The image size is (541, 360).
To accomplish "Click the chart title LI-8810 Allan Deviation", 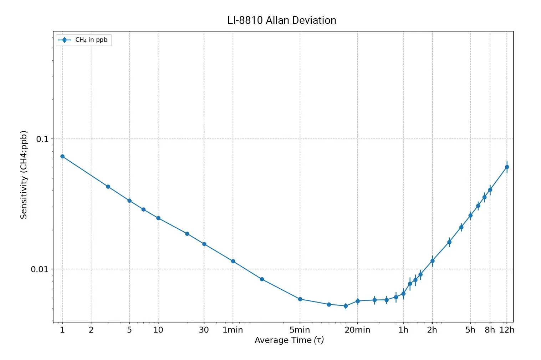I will [x=282, y=20].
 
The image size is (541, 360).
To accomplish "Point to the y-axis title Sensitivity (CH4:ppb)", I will [x=24, y=174].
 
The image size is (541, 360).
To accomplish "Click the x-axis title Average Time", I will [x=289, y=340].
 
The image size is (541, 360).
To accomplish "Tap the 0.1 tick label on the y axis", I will [x=42, y=139].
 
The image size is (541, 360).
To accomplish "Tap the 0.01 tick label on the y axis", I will [x=39, y=269].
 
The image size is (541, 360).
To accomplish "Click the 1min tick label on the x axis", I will [x=233, y=330].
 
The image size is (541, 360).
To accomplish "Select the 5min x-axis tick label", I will [x=300, y=330].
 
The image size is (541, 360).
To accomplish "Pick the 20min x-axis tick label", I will [x=357, y=330].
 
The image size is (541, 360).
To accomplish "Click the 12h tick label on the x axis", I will [x=507, y=330].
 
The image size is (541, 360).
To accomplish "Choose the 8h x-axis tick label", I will [x=490, y=330].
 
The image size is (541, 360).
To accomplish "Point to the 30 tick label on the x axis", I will [x=204, y=330].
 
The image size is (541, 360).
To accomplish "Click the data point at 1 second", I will [x=62, y=156].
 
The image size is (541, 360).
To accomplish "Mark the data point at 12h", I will [x=507, y=167].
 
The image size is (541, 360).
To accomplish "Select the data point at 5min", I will [x=300, y=299].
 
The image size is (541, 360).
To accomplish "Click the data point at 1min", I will [x=233, y=261].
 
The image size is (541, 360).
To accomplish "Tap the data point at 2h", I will [x=432, y=261].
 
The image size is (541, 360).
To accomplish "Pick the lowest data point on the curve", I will [x=346, y=306].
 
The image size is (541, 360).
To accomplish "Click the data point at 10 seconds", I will [x=158, y=218].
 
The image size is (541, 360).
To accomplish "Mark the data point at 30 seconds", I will [x=204, y=244].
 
